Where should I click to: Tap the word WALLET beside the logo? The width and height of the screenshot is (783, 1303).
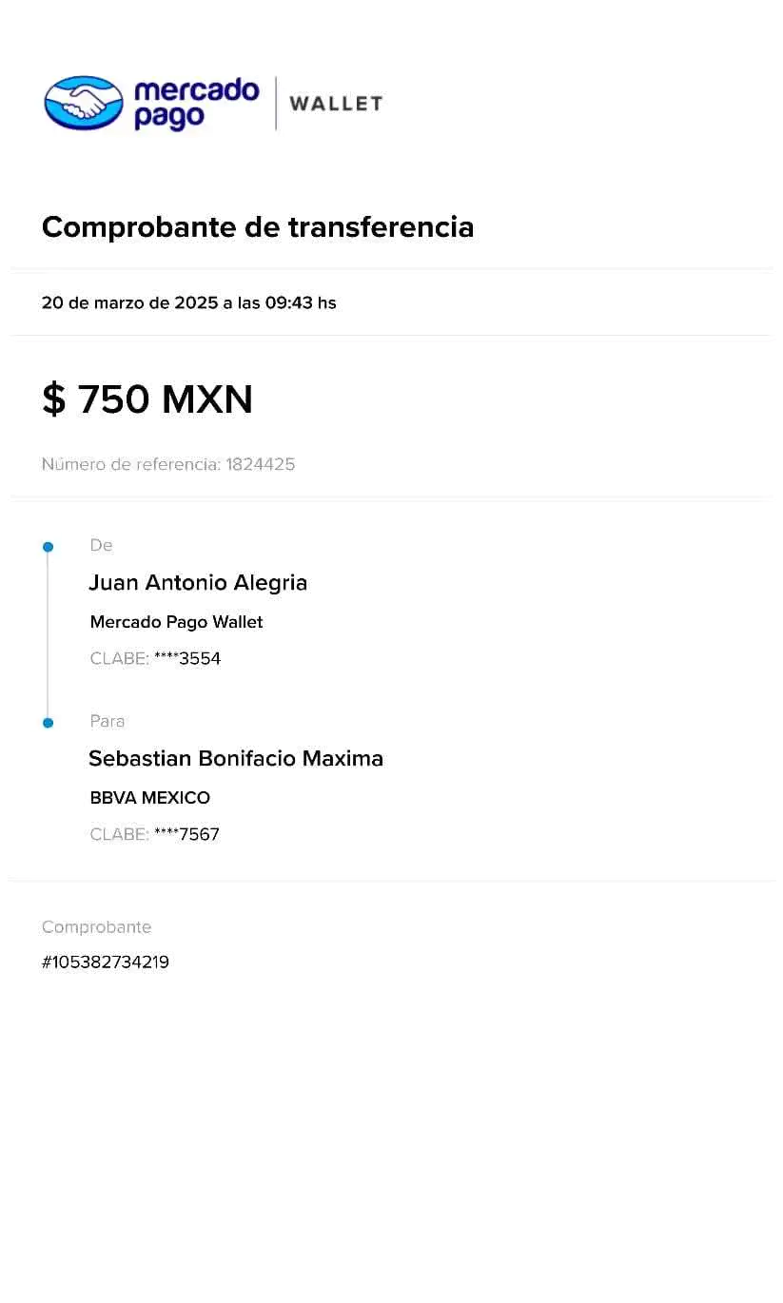pyautogui.click(x=337, y=103)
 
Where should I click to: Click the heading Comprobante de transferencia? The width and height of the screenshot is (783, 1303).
pyautogui.click(x=258, y=228)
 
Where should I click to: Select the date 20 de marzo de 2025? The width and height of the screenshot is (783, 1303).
pyautogui.click(x=129, y=303)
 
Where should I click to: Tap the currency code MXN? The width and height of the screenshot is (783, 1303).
pyautogui.click(x=206, y=400)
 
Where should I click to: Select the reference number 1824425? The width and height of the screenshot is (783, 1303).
pyautogui.click(x=262, y=464)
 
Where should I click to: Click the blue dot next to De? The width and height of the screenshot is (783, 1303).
pyautogui.click(x=48, y=547)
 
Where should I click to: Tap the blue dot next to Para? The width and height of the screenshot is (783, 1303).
pyautogui.click(x=48, y=723)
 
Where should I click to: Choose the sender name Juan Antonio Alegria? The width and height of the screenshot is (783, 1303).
pyautogui.click(x=199, y=583)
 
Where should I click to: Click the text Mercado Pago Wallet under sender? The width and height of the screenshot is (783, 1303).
pyautogui.click(x=176, y=622)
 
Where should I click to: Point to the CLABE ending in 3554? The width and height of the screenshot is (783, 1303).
pyautogui.click(x=186, y=658)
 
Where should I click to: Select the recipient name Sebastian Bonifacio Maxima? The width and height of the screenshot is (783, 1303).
pyautogui.click(x=236, y=759)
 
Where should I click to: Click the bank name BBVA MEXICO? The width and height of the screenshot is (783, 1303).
pyautogui.click(x=150, y=798)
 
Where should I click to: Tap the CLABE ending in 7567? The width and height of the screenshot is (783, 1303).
pyautogui.click(x=186, y=834)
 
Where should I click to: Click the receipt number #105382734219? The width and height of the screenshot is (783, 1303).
pyautogui.click(x=105, y=963)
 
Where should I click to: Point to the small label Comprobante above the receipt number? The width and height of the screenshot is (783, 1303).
pyautogui.click(x=96, y=927)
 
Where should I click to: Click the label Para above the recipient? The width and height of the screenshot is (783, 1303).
pyautogui.click(x=108, y=722)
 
